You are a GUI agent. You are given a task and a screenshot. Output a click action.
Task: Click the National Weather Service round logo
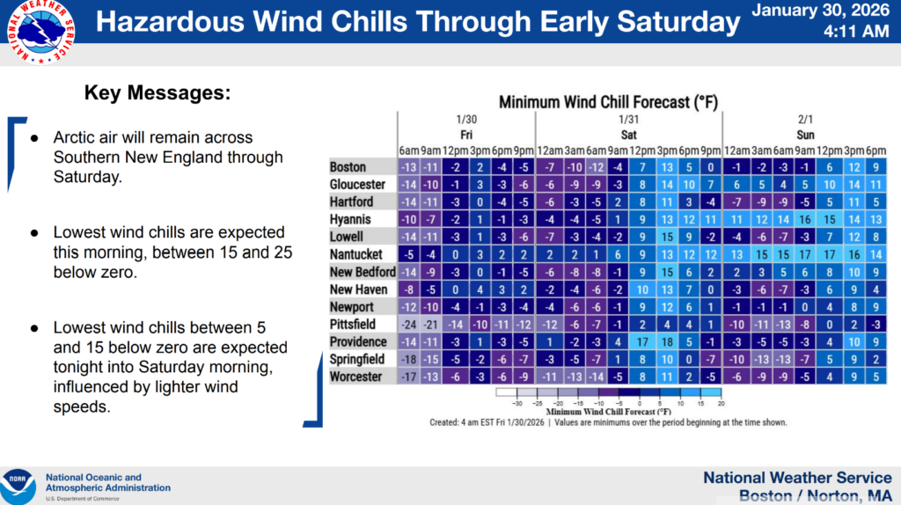pos(37,33)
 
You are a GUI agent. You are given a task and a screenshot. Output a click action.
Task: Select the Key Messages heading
pos(157,92)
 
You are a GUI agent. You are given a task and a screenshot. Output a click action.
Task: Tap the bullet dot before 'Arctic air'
pos(34,139)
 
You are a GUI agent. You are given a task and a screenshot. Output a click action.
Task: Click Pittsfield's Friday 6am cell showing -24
pos(408,324)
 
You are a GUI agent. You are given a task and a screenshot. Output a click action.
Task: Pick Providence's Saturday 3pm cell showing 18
pos(668,341)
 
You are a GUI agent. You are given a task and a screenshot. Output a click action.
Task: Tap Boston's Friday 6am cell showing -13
pos(408,167)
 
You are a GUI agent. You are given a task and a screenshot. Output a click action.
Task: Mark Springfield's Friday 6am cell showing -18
pos(408,359)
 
